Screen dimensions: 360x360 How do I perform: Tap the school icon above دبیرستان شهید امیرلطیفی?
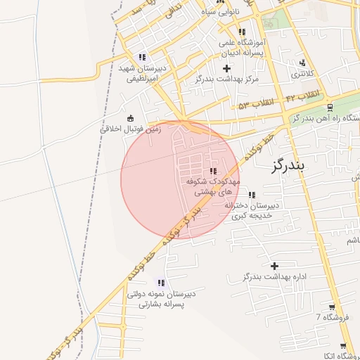click(x=142, y=57)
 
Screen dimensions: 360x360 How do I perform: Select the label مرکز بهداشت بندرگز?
click(x=227, y=79)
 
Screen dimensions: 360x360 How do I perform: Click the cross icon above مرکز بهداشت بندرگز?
click(x=226, y=68)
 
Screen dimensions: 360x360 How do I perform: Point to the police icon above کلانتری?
click(x=303, y=63)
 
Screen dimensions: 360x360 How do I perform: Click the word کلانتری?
click(x=304, y=73)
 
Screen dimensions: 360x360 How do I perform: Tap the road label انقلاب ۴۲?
click(x=303, y=94)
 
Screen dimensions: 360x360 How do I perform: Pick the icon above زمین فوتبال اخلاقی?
click(x=130, y=118)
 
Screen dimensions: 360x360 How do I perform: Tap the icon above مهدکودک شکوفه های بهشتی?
click(x=213, y=171)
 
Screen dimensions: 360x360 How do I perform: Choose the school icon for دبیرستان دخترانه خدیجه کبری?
click(x=252, y=195)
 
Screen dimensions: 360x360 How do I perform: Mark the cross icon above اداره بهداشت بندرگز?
click(x=274, y=266)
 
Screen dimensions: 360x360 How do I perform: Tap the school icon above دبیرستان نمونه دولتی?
click(x=162, y=283)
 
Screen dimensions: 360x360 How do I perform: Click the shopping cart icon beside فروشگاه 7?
click(x=332, y=307)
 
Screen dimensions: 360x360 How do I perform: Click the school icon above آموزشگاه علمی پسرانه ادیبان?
click(x=242, y=32)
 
